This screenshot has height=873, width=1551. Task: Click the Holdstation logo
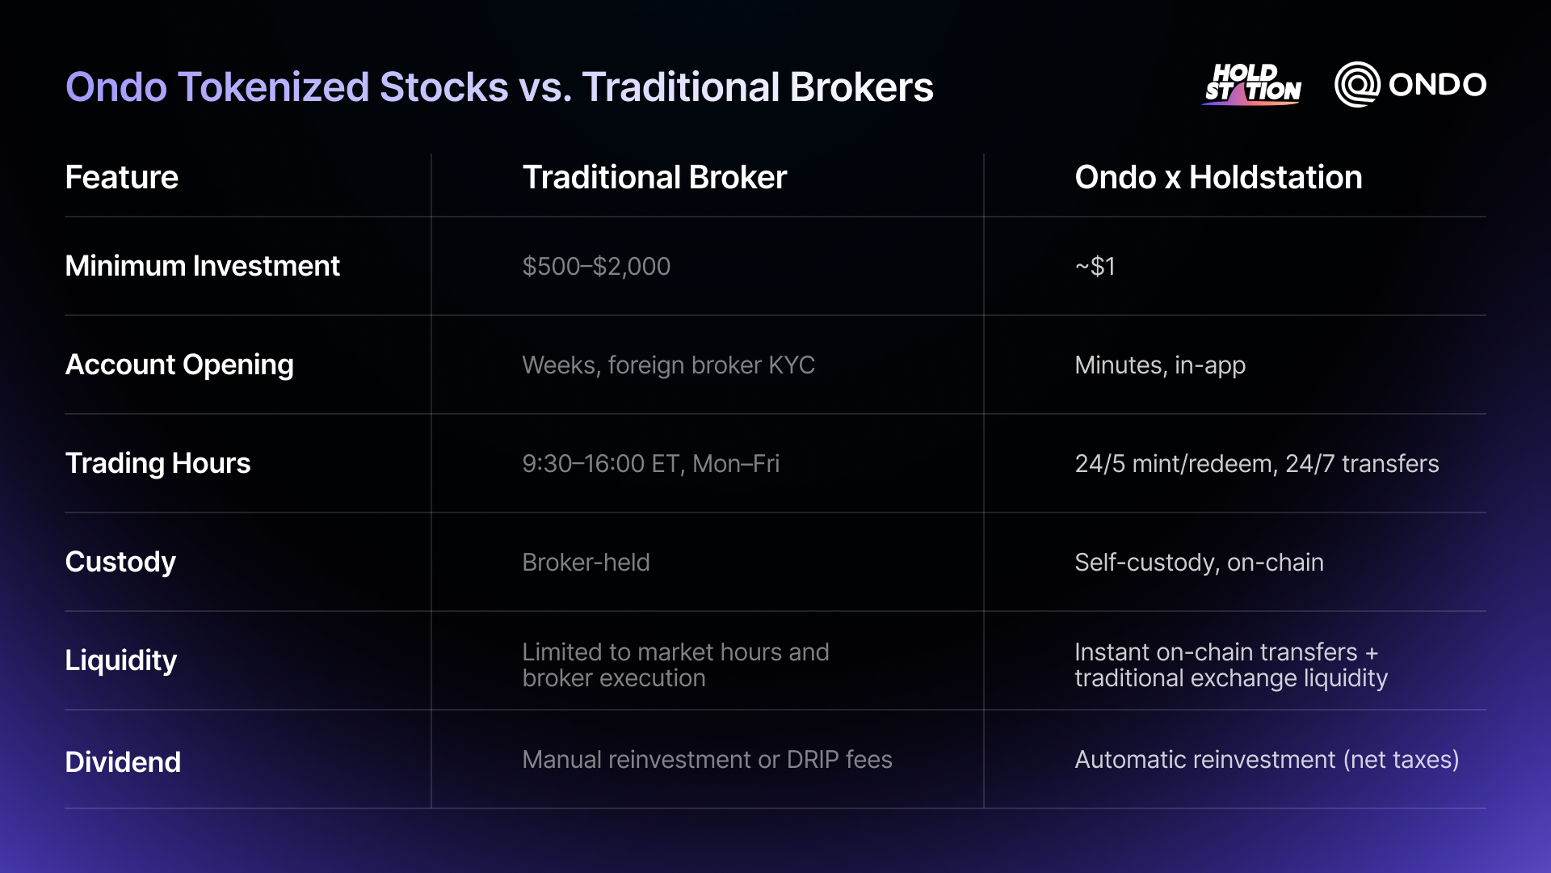coord(1252,84)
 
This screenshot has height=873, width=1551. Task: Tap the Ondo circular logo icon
coord(1357,84)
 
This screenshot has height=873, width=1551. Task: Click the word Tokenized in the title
coord(273,87)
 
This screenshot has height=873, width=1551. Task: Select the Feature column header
coord(121,177)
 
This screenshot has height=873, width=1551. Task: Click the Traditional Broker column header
coord(654,177)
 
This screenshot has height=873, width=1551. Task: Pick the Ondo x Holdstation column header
coord(1218,177)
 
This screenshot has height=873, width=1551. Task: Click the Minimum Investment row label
coord(202,266)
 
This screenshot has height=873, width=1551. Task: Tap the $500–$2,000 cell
coord(596,266)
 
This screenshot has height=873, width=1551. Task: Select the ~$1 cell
coord(1095,266)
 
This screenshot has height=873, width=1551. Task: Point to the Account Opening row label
coord(179,365)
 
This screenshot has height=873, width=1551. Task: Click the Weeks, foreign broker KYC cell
coord(668,365)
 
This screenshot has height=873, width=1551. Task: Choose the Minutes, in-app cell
coord(1160,365)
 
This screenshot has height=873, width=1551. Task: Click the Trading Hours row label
coord(158,463)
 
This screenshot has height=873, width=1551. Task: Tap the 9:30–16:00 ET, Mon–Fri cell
coord(650,463)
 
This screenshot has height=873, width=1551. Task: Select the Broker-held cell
coord(586,562)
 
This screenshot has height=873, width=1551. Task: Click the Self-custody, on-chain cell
coord(1199,562)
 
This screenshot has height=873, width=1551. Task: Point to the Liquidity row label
coord(120,660)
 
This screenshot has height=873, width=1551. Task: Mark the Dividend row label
coord(123,761)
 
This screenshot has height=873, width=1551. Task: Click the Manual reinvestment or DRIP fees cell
coord(707,759)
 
